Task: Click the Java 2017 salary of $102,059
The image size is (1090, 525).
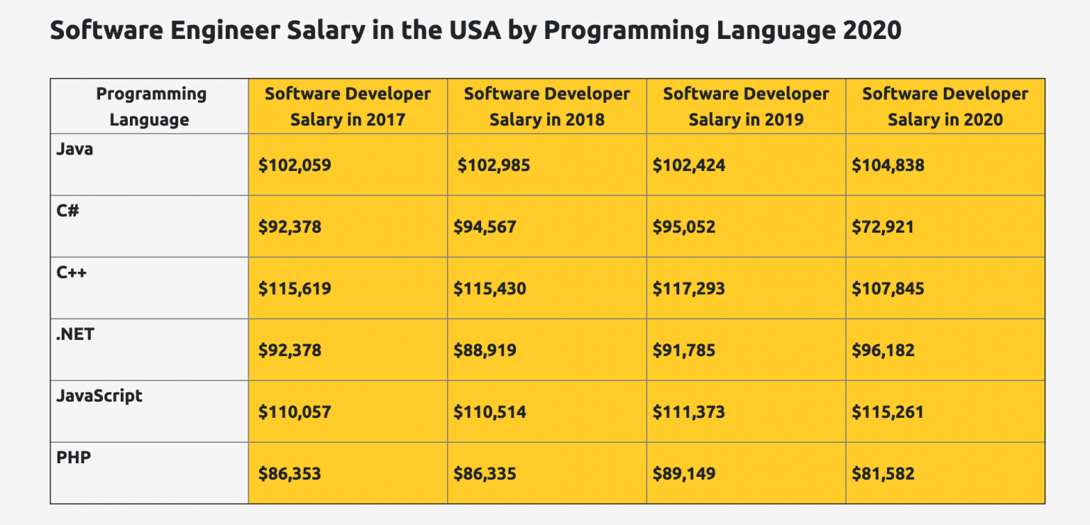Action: point(294,166)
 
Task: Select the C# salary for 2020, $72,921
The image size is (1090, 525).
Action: point(883,228)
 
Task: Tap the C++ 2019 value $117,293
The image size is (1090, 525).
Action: point(689,289)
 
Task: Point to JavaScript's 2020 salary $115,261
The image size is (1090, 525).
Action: point(888,412)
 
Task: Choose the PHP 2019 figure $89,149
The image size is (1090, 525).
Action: point(684,474)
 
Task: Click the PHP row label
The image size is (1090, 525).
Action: point(74,458)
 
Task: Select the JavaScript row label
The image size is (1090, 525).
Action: point(99,396)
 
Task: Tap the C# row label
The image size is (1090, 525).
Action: point(67,211)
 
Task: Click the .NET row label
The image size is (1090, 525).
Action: point(75,334)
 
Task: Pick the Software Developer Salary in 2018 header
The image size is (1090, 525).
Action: point(546,106)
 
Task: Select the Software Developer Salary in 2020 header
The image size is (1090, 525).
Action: point(945,106)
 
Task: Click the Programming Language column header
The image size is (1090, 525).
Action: point(150,106)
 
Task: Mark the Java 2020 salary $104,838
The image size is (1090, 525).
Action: point(888,166)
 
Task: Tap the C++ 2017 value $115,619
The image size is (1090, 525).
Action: point(294,289)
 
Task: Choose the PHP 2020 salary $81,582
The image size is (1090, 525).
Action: point(883,474)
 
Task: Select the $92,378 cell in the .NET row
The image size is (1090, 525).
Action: point(290,350)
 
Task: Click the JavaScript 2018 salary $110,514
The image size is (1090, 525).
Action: point(490,412)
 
